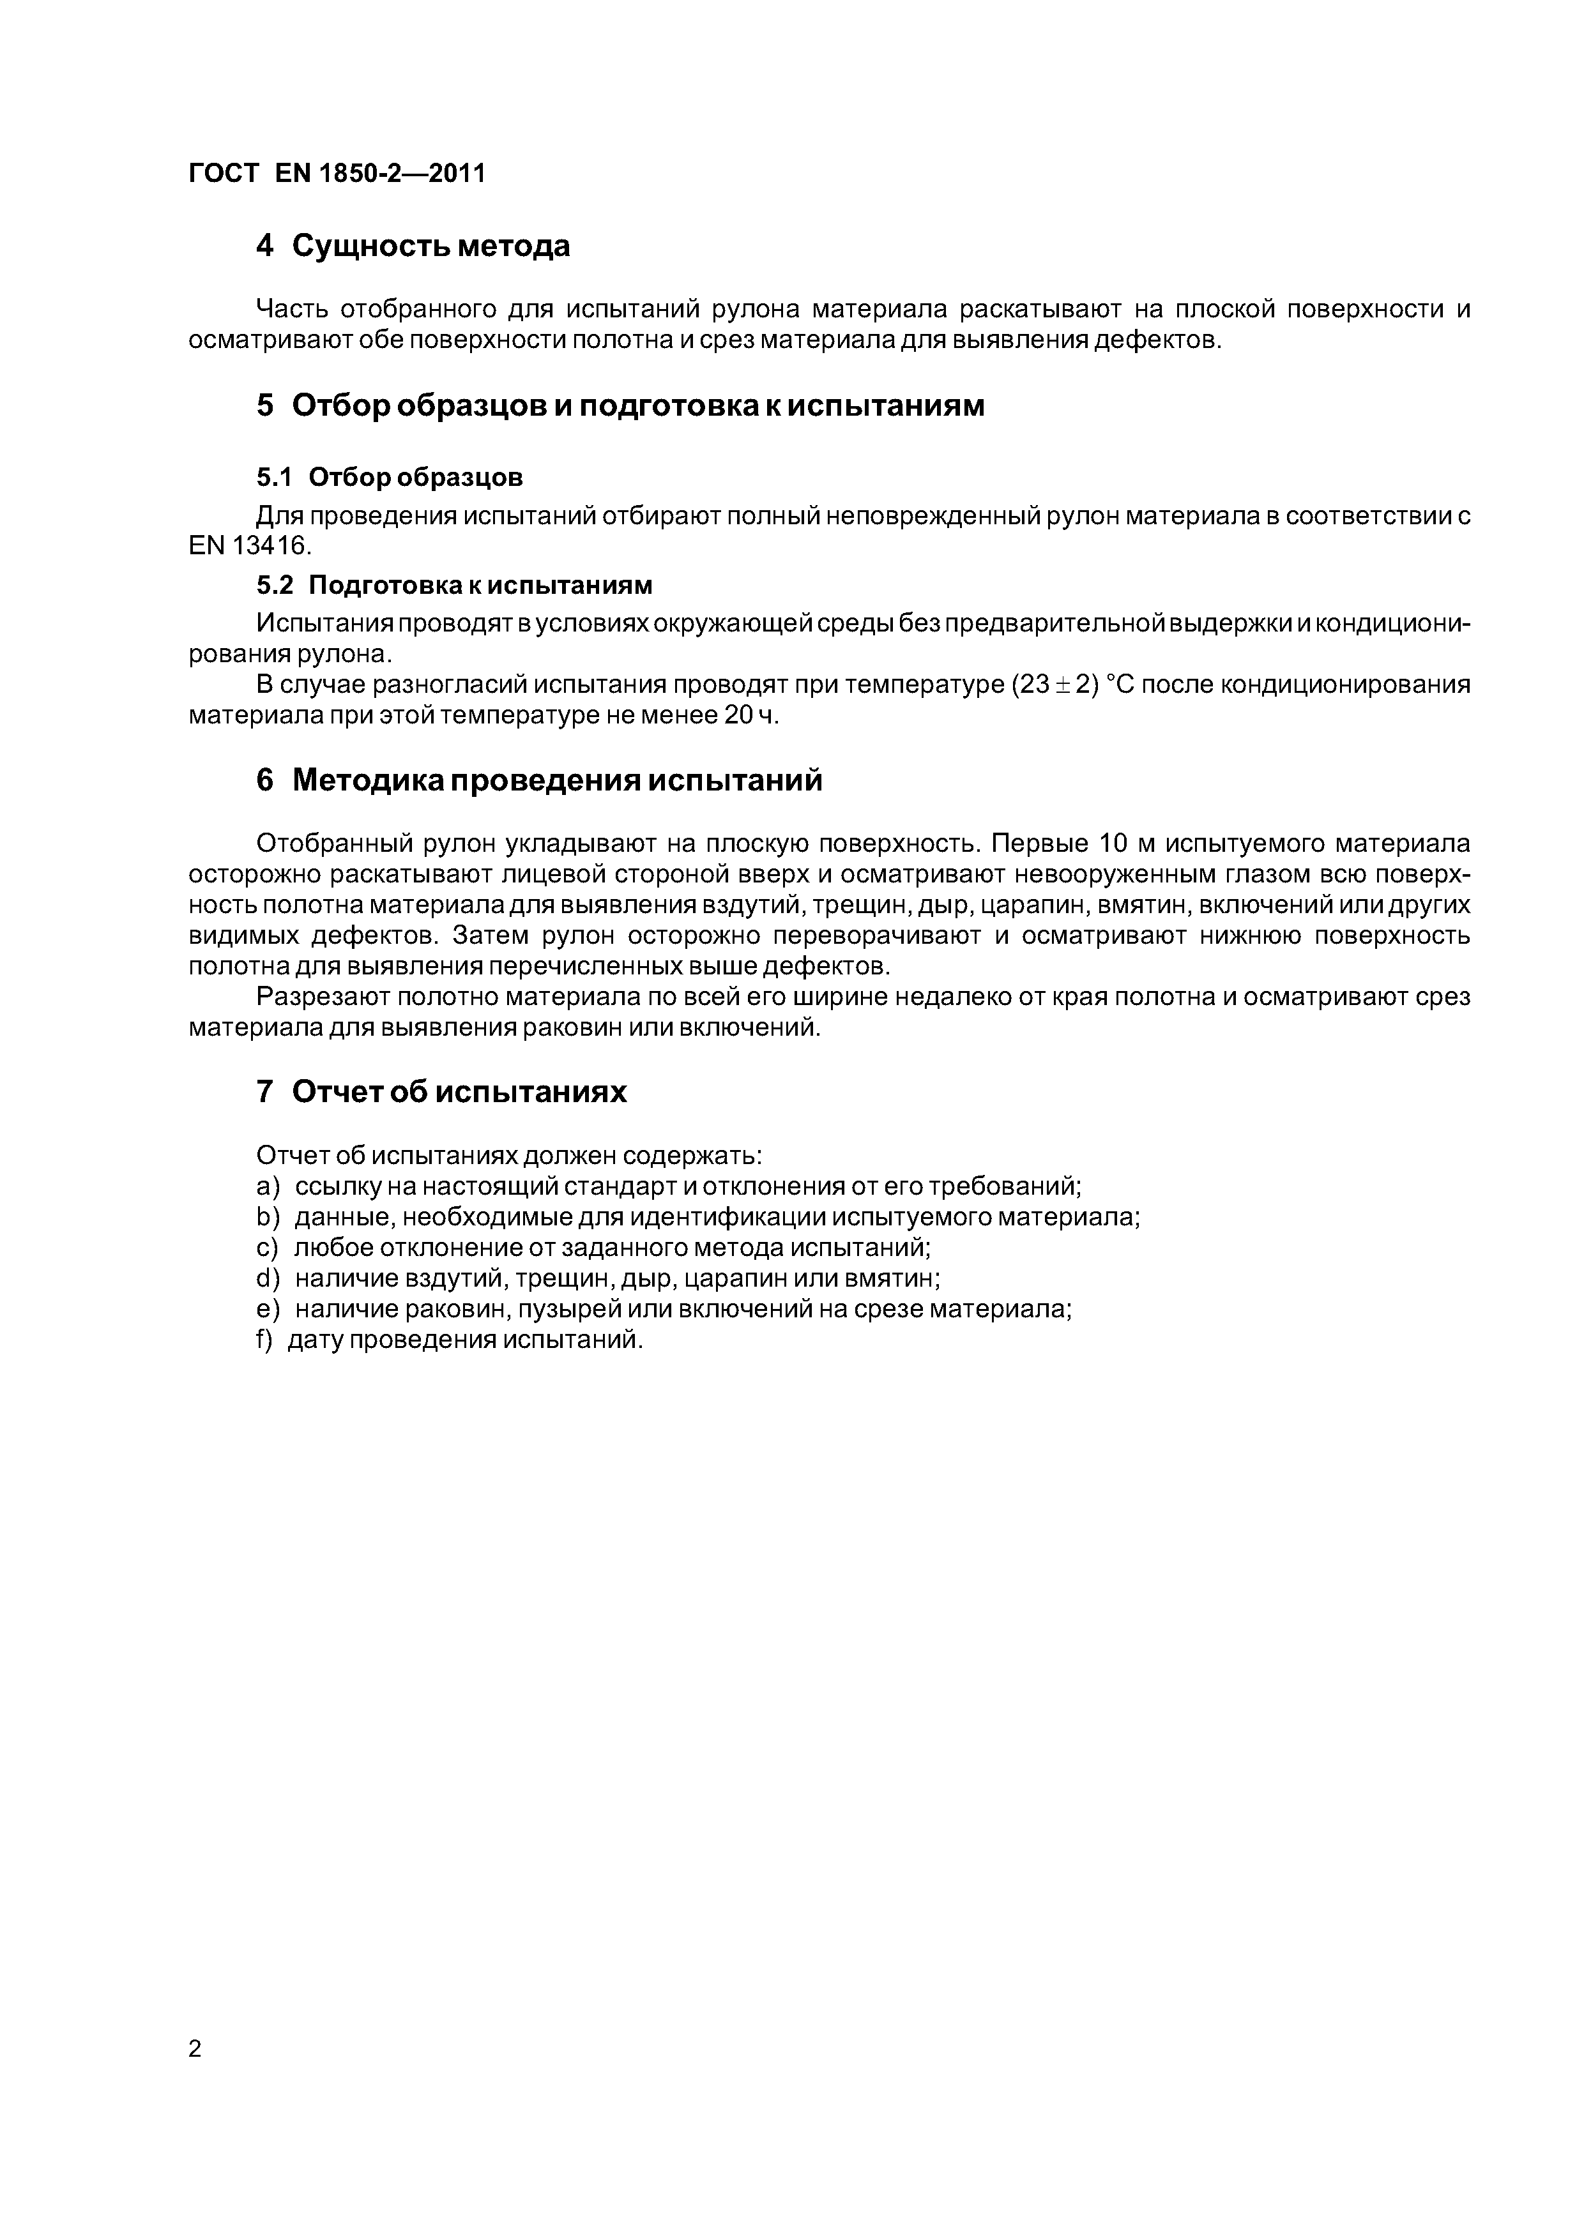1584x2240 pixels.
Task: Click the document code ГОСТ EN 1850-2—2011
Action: click(337, 174)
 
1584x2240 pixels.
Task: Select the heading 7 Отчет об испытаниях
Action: click(441, 1092)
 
